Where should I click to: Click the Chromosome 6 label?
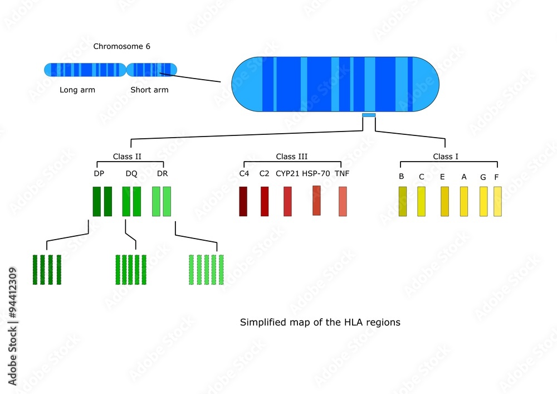pyautogui.click(x=121, y=46)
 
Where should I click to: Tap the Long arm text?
pyautogui.click(x=77, y=90)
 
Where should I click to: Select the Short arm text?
pyautogui.click(x=149, y=90)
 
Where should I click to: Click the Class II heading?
pyautogui.click(x=127, y=157)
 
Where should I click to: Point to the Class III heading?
pyautogui.click(x=291, y=157)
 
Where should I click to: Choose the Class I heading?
pyautogui.click(x=446, y=157)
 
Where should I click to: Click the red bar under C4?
pyautogui.click(x=243, y=201)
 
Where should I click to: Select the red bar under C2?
pyautogui.click(x=265, y=201)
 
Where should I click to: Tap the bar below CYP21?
pyautogui.click(x=287, y=201)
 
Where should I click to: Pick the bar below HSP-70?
pyautogui.click(x=316, y=200)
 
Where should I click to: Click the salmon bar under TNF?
pyautogui.click(x=343, y=201)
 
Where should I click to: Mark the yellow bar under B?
pyautogui.click(x=402, y=201)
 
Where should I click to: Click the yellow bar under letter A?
pyautogui.click(x=463, y=201)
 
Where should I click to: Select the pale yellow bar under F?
pyautogui.click(x=497, y=201)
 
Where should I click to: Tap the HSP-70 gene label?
pyautogui.click(x=316, y=173)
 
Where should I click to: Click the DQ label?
pyautogui.click(x=131, y=173)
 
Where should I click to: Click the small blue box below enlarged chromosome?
pyautogui.click(x=369, y=115)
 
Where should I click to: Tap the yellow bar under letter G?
pyautogui.click(x=483, y=201)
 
